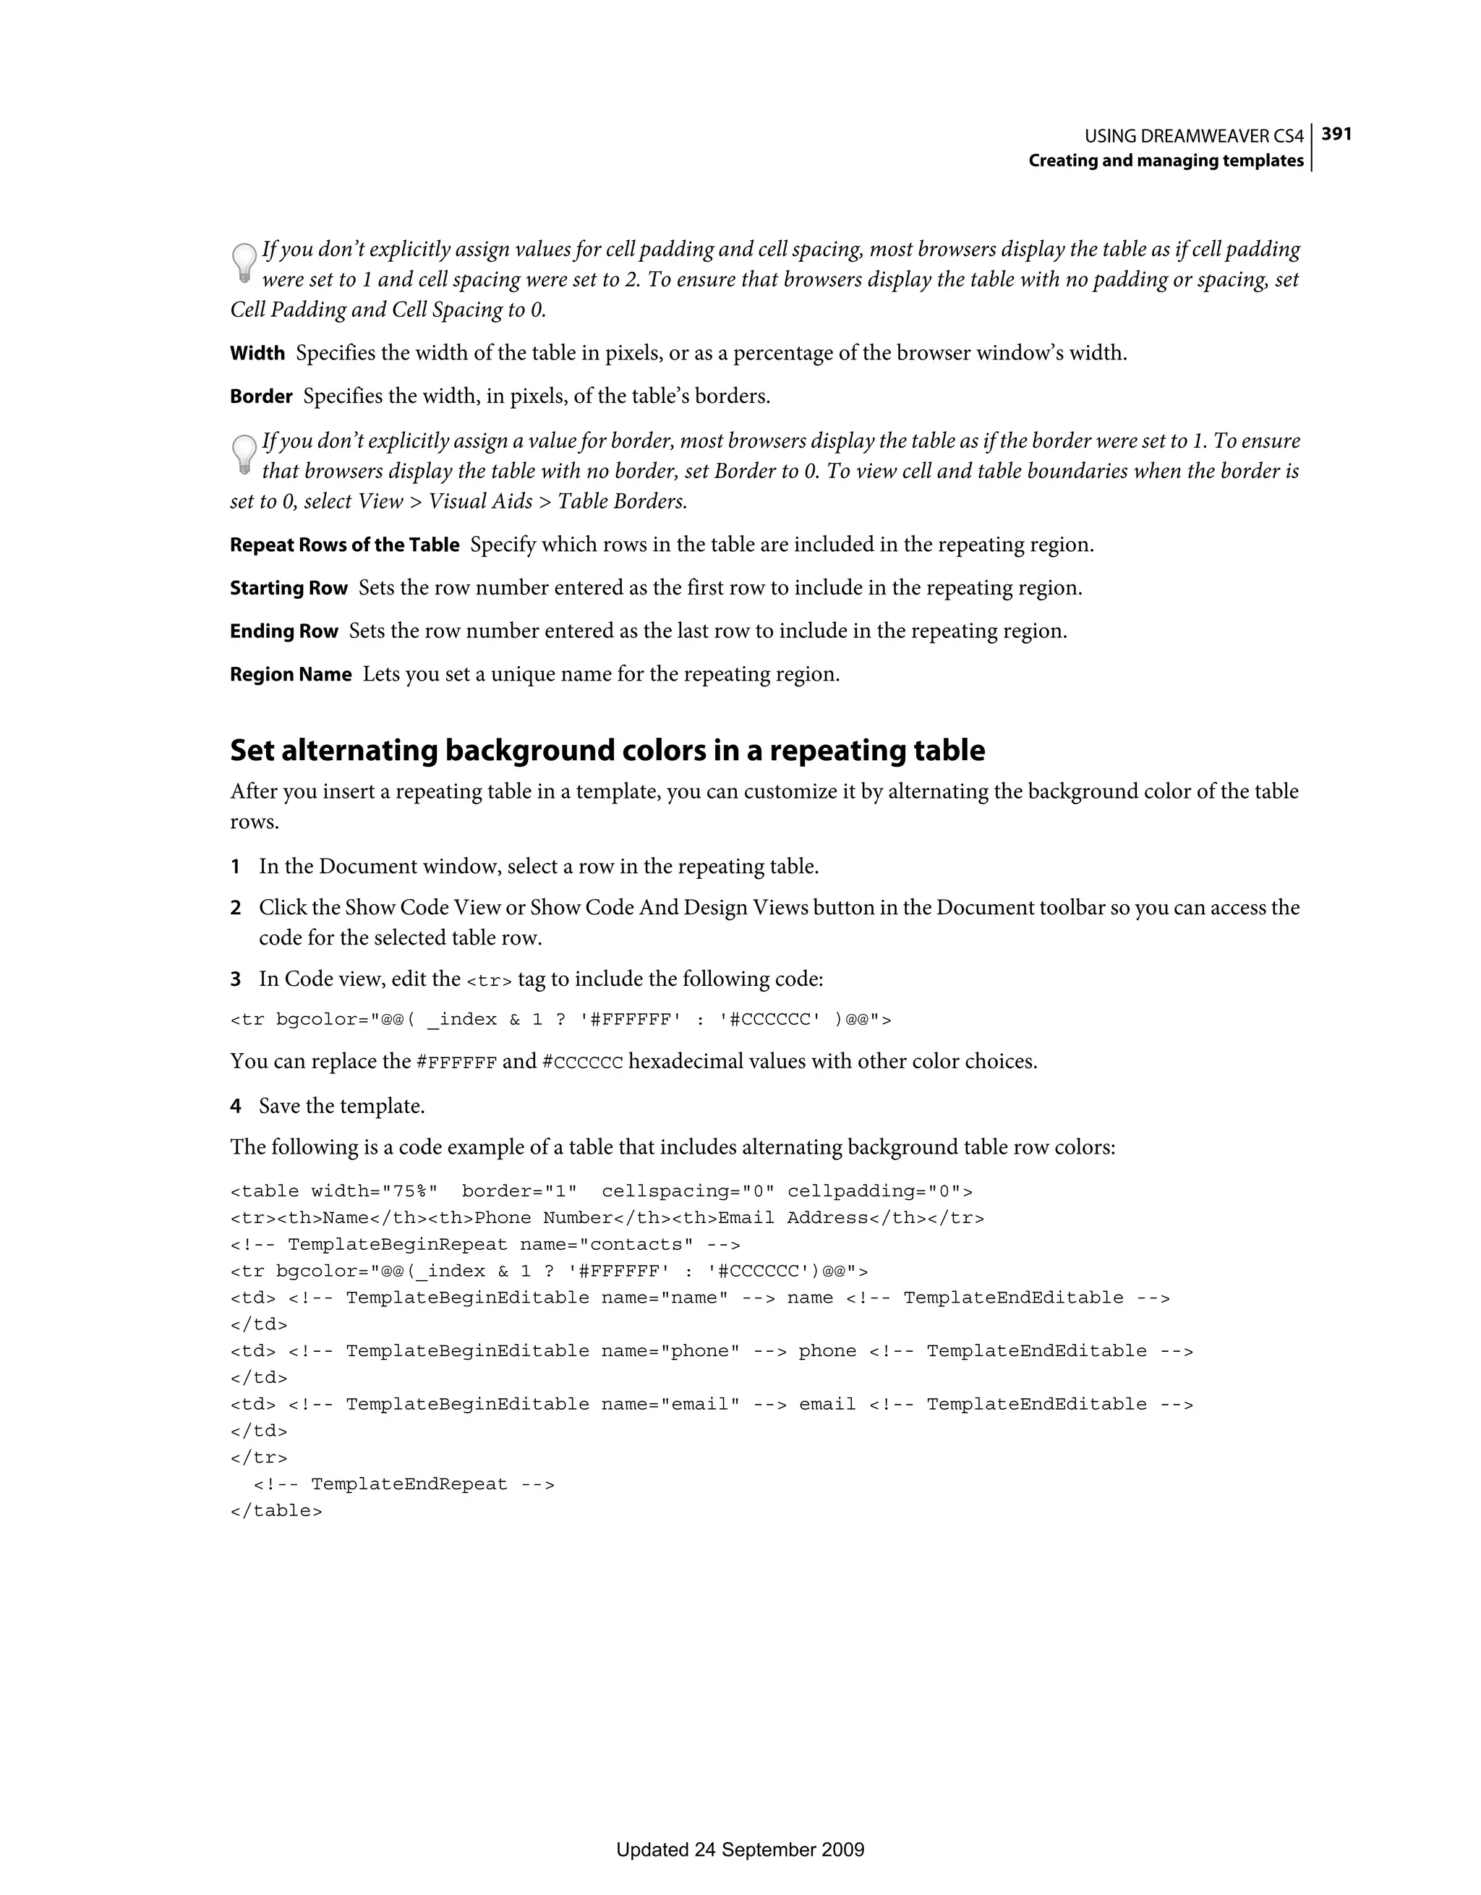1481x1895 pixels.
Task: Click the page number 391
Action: [1336, 134]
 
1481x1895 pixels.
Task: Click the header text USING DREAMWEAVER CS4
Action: [1194, 136]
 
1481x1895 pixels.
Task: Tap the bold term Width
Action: [257, 353]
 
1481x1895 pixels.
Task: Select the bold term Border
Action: [261, 396]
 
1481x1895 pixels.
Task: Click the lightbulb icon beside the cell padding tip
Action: [244, 263]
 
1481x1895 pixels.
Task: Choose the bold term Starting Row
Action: [288, 588]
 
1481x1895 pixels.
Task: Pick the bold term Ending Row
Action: [283, 631]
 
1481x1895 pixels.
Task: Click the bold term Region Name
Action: [291, 674]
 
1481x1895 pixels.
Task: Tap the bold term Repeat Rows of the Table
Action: [344, 545]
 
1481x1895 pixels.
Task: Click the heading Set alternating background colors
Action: [607, 751]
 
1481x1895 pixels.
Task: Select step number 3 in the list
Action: [235, 979]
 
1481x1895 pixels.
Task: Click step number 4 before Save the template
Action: [235, 1107]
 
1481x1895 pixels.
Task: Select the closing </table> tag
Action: [276, 1511]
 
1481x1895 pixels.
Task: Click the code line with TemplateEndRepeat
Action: [404, 1483]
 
